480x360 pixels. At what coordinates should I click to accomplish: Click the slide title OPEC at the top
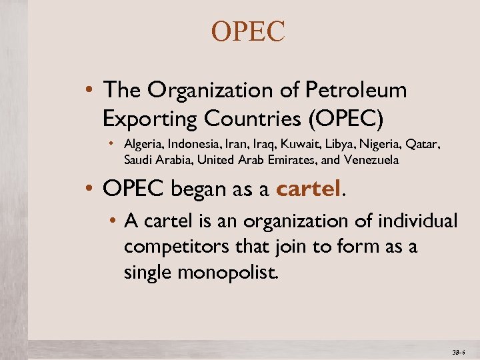pos(248,32)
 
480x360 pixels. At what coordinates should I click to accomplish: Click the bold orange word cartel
pos(307,190)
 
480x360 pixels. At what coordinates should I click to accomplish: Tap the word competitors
pos(173,247)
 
